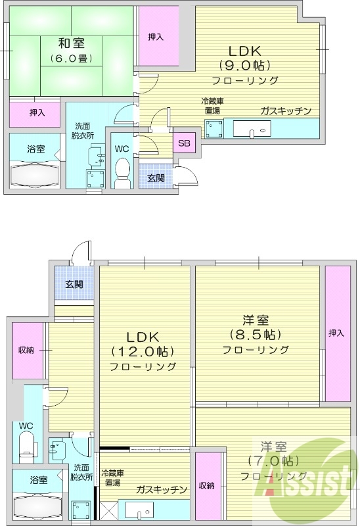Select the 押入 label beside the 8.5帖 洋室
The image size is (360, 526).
click(336, 333)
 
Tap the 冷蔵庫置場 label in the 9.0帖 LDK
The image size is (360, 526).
click(214, 106)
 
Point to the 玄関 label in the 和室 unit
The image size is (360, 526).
click(155, 178)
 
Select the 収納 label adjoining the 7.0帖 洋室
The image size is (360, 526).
click(206, 486)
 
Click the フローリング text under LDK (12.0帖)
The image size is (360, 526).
click(143, 366)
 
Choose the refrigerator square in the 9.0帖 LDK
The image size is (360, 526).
click(214, 129)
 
